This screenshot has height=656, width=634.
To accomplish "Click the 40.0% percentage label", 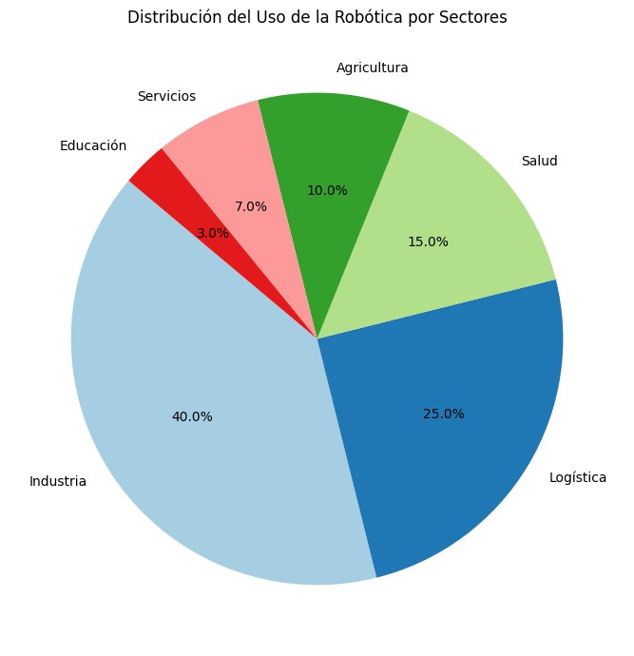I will coord(192,416).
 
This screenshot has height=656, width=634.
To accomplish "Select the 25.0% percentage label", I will coord(444,414).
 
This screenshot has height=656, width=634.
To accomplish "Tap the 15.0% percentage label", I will coord(428,241).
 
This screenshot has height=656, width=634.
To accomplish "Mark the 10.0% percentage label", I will coord(327,190).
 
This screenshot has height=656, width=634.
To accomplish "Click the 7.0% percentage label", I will coord(251,206).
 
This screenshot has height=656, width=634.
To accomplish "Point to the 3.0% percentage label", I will coord(213,233).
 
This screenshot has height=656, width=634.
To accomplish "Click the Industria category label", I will coord(58,481).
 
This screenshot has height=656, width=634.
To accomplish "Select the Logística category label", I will coord(578,477).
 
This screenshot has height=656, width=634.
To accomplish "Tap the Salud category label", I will coord(539,161).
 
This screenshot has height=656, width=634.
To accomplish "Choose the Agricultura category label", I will coord(373,68).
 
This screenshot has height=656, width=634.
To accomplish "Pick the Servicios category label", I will coord(166,96).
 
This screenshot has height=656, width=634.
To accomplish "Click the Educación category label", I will coord(93,145).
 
